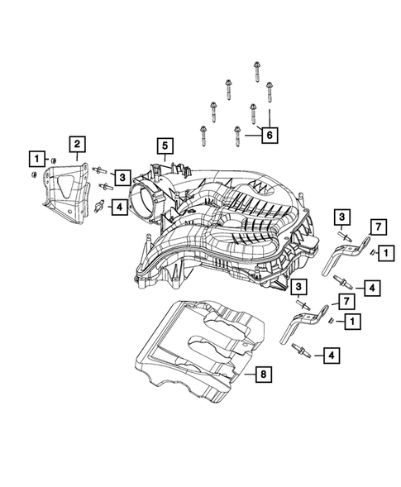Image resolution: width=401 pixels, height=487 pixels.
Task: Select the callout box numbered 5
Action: tap(165, 148)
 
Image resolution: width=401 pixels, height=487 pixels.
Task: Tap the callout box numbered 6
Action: tap(270, 132)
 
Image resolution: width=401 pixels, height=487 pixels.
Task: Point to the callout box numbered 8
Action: tap(262, 376)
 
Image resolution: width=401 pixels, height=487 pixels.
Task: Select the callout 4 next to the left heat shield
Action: tap(120, 207)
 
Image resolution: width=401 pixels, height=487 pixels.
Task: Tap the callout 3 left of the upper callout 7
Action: tap(341, 217)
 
